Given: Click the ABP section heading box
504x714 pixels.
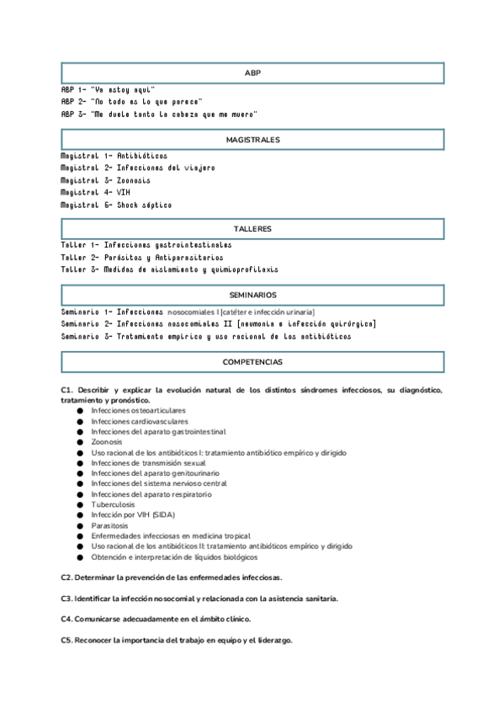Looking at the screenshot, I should point(252,73).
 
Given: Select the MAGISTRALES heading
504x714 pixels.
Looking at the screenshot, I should point(252,139).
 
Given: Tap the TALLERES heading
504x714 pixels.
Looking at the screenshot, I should point(252,229).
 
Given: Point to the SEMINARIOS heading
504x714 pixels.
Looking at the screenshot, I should point(252,295).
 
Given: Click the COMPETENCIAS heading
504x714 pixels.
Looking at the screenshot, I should point(252,361).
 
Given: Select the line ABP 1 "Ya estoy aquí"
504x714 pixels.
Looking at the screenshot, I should point(109,89).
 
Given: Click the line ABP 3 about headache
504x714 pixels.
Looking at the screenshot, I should point(159,113).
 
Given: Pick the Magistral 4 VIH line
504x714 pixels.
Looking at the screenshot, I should point(95,192).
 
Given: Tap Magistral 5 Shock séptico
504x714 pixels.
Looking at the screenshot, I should point(116,205).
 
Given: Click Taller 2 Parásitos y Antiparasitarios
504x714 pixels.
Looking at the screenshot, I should point(142,258).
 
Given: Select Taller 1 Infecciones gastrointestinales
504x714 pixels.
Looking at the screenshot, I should point(146,245).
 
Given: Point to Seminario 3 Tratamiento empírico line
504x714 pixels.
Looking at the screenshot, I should point(206,336).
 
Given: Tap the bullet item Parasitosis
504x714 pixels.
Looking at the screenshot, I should point(109,525).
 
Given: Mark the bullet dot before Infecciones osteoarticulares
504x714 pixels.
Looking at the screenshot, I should point(80,410).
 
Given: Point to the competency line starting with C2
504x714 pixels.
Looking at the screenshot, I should point(172,578).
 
